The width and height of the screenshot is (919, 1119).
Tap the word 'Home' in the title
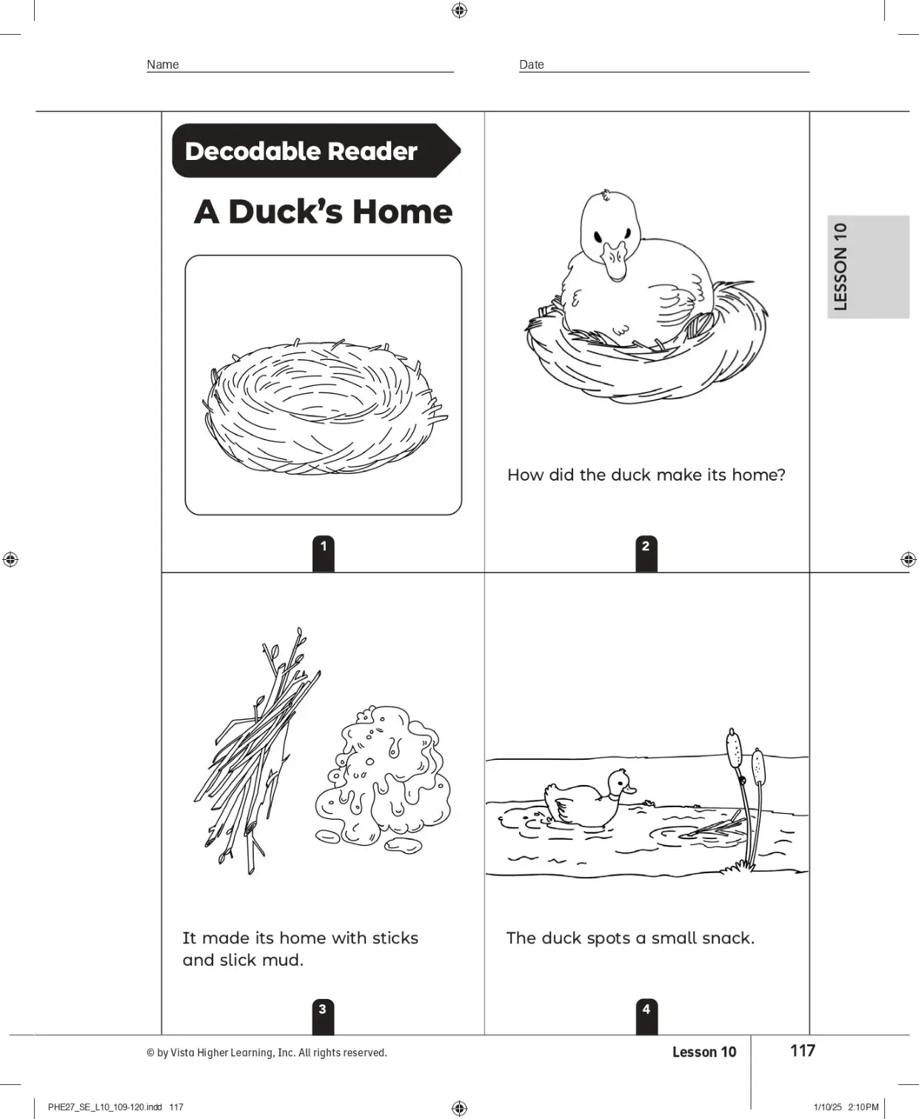pyautogui.click(x=402, y=212)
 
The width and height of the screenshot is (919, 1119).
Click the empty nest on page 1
pyautogui.click(x=325, y=406)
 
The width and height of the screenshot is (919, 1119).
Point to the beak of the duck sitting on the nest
pyautogui.click(x=615, y=261)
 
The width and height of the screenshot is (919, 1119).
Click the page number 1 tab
pyautogui.click(x=323, y=553)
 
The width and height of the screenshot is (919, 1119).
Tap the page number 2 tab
pyautogui.click(x=646, y=553)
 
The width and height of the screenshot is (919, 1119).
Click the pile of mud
pyautogui.click(x=383, y=779)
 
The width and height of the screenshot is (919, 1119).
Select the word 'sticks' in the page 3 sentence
pyautogui.click(x=395, y=938)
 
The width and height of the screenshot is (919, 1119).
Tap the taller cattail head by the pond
pyautogui.click(x=734, y=747)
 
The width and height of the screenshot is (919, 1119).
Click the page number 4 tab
pyautogui.click(x=646, y=1017)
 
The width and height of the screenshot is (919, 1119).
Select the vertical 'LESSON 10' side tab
pyautogui.click(x=868, y=267)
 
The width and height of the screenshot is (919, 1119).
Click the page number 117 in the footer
pyautogui.click(x=802, y=1051)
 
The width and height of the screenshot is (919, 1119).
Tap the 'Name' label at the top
pyautogui.click(x=162, y=64)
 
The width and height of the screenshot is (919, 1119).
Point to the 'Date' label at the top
pyautogui.click(x=532, y=64)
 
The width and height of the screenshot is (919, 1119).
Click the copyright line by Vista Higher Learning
pyautogui.click(x=267, y=1052)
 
